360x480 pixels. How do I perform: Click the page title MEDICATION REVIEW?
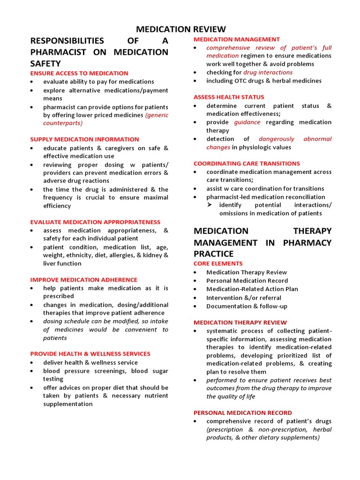click(180, 30)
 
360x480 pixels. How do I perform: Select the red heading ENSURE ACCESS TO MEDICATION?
click(79, 73)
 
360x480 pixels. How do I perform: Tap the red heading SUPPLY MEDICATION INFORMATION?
click(84, 139)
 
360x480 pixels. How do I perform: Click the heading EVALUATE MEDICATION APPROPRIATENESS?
click(95, 222)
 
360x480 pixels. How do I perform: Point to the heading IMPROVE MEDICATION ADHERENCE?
click(84, 280)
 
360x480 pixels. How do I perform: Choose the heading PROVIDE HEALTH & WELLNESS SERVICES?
click(90, 354)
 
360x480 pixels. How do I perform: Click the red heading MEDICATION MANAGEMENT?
click(237, 39)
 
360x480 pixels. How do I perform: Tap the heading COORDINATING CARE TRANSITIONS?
click(247, 164)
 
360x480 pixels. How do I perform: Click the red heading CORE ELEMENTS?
click(218, 264)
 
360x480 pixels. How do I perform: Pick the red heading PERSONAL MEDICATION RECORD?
click(243, 413)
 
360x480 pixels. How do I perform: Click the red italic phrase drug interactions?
click(268, 73)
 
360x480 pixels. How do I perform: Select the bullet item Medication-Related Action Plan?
click(252, 289)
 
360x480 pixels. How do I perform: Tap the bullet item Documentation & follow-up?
click(247, 306)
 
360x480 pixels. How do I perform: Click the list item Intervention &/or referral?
click(244, 298)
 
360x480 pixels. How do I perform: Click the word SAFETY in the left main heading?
click(45, 63)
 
